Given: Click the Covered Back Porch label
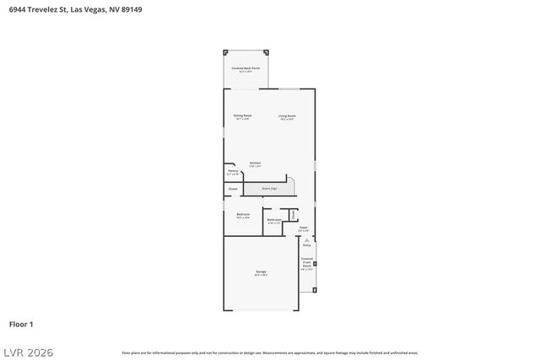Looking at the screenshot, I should [x=246, y=68].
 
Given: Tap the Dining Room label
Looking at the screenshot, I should [x=243, y=116].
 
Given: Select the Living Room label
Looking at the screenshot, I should [x=287, y=116].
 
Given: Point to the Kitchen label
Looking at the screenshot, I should [x=254, y=164].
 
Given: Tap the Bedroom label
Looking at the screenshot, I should [x=243, y=215].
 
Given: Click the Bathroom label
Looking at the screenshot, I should [x=274, y=221].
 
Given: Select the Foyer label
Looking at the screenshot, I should [x=303, y=228].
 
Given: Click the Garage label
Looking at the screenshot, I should [x=262, y=272].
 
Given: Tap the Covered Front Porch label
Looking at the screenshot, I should [x=307, y=264].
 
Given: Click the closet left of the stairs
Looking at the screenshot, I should [x=233, y=189].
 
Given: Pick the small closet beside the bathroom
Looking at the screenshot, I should [x=293, y=215].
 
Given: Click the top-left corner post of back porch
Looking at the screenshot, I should [x=224, y=51].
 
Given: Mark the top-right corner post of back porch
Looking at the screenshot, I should [x=267, y=51].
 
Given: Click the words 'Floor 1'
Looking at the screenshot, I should [x=21, y=324].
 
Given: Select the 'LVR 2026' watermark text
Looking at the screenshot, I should [x=28, y=350].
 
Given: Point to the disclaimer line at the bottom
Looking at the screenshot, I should [x=270, y=352].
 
